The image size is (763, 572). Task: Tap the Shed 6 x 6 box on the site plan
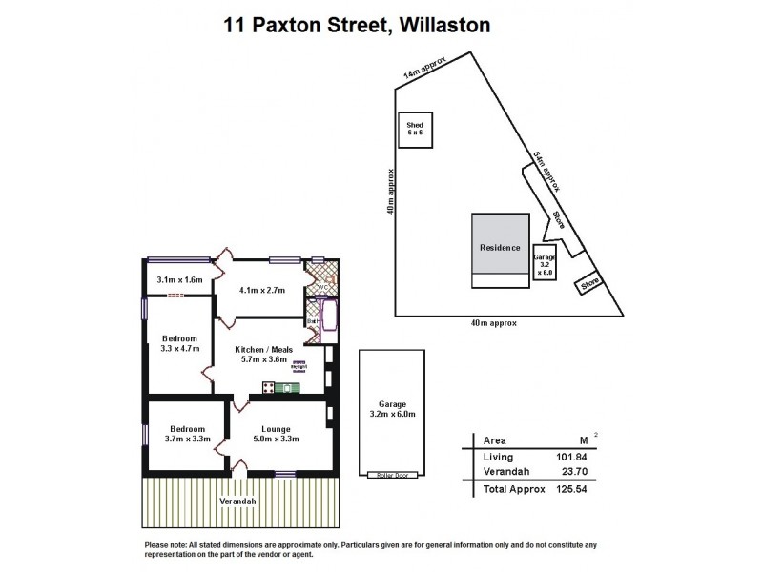[414, 129]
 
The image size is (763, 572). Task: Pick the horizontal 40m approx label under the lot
[493, 323]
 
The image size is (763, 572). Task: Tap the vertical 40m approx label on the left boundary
[391, 204]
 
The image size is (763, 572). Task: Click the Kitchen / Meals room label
[267, 355]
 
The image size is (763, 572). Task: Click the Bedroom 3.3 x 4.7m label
[178, 344]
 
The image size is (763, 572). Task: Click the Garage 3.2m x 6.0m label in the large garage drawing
[386, 410]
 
